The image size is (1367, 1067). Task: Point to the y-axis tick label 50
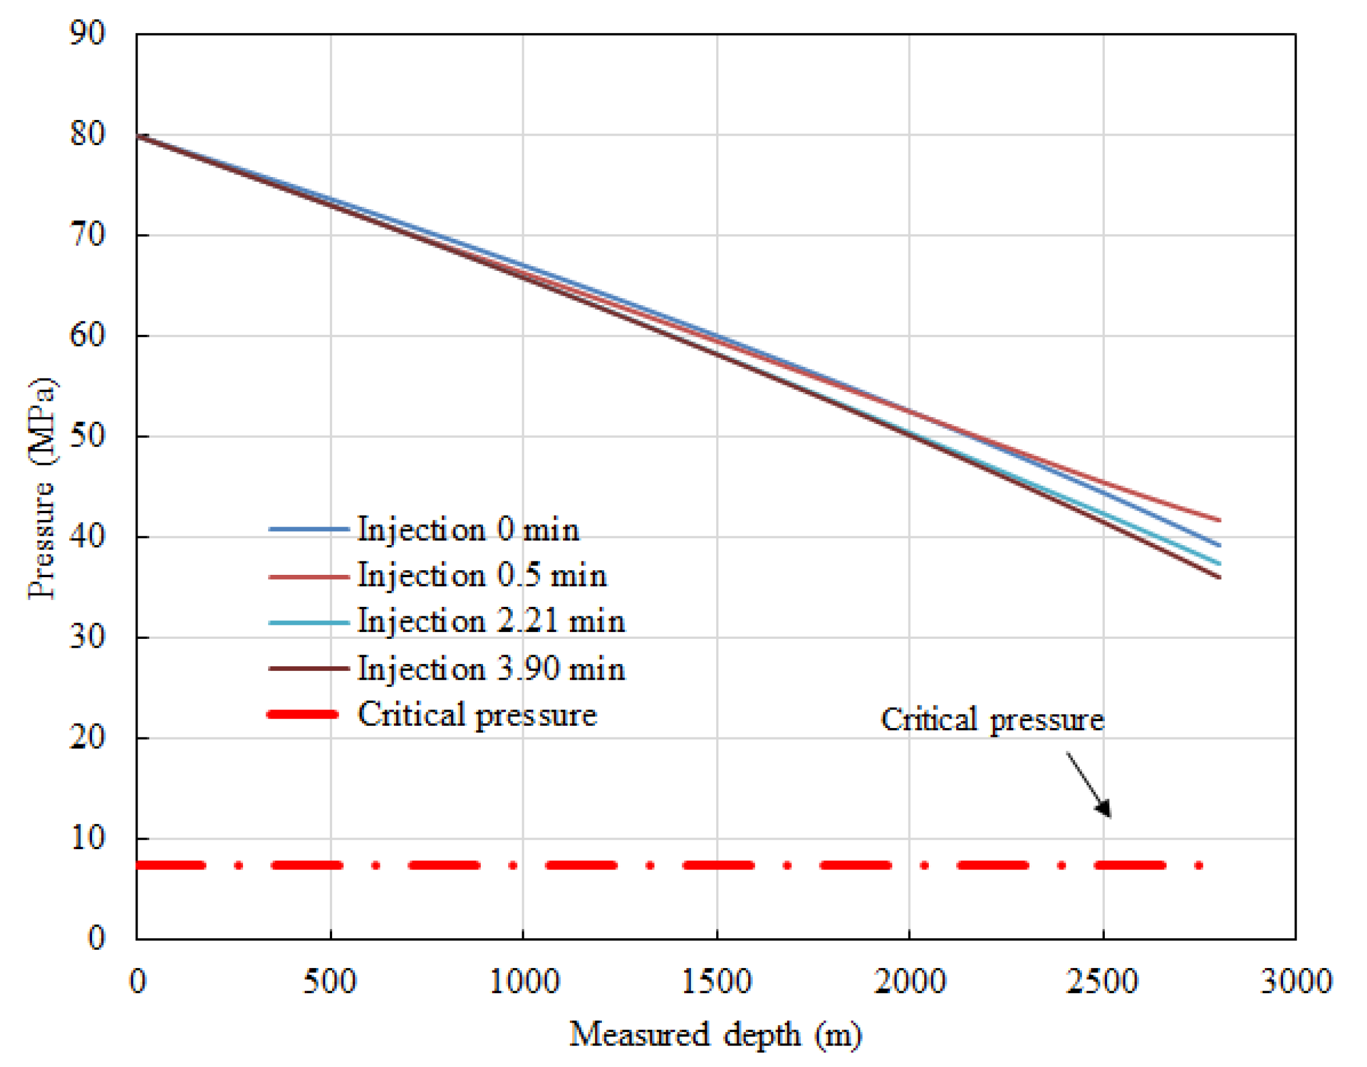tap(87, 436)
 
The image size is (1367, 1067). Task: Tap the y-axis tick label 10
tap(87, 838)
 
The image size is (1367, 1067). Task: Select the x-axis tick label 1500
tap(716, 981)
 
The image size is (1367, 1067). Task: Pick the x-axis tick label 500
tap(330, 981)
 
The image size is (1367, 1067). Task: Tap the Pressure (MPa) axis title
tap(43, 488)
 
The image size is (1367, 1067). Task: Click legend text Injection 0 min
tap(468, 529)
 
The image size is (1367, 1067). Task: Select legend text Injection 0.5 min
tap(482, 575)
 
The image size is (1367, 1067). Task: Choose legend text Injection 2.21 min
tap(491, 621)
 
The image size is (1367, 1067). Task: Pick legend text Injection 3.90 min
tap(491, 669)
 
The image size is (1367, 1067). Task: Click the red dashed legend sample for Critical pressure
tap(303, 714)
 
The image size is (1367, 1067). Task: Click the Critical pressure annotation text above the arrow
tap(993, 720)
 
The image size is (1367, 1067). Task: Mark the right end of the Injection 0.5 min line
tap(1218, 520)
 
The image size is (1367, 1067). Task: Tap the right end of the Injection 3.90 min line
tap(1218, 577)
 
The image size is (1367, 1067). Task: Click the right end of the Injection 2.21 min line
tap(1218, 563)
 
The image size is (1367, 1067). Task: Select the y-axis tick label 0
tap(96, 938)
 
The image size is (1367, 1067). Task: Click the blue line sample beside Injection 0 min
tap(309, 529)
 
